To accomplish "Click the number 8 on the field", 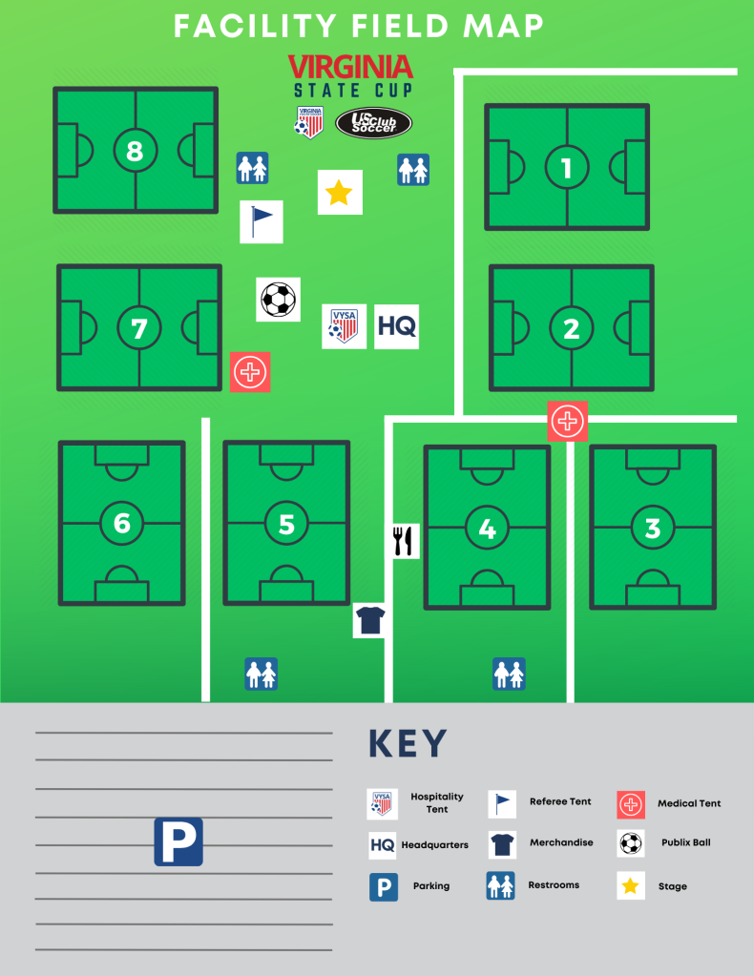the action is [x=135, y=150].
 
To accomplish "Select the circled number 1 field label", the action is [x=567, y=168].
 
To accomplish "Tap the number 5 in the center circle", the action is [x=286, y=523].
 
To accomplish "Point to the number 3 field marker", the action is [x=653, y=528].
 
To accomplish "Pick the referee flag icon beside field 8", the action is [x=261, y=221].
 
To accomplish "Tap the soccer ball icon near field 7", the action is [x=278, y=299].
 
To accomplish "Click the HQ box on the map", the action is [x=396, y=326].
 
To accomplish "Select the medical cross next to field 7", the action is [x=250, y=371].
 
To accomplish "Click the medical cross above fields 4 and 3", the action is [x=567, y=420].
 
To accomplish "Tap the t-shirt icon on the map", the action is [x=369, y=620].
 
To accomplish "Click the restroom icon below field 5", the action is [x=262, y=674].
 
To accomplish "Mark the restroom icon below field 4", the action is [x=509, y=674].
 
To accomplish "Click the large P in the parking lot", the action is [x=178, y=841].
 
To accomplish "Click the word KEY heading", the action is [x=408, y=744].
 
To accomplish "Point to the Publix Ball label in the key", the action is [x=685, y=843].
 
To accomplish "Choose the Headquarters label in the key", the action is [x=434, y=845].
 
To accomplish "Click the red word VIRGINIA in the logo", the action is [x=350, y=67].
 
